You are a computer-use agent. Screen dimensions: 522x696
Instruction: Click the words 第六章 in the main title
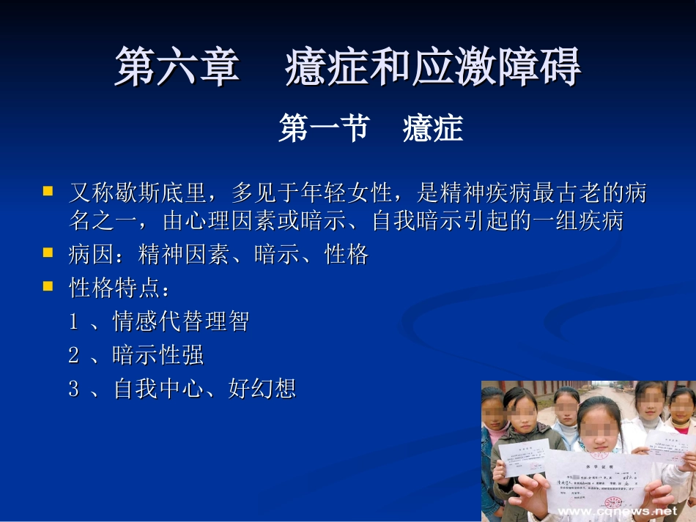point(177,67)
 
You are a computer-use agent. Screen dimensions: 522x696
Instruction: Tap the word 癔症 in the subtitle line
point(432,130)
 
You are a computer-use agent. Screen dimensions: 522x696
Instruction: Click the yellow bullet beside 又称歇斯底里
point(48,192)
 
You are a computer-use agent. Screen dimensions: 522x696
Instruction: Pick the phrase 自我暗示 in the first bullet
point(417,220)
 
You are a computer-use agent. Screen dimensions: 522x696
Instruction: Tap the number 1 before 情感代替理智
point(73,321)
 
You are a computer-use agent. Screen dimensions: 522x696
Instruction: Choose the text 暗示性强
point(158,355)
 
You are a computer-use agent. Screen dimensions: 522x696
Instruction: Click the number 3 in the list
point(73,389)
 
